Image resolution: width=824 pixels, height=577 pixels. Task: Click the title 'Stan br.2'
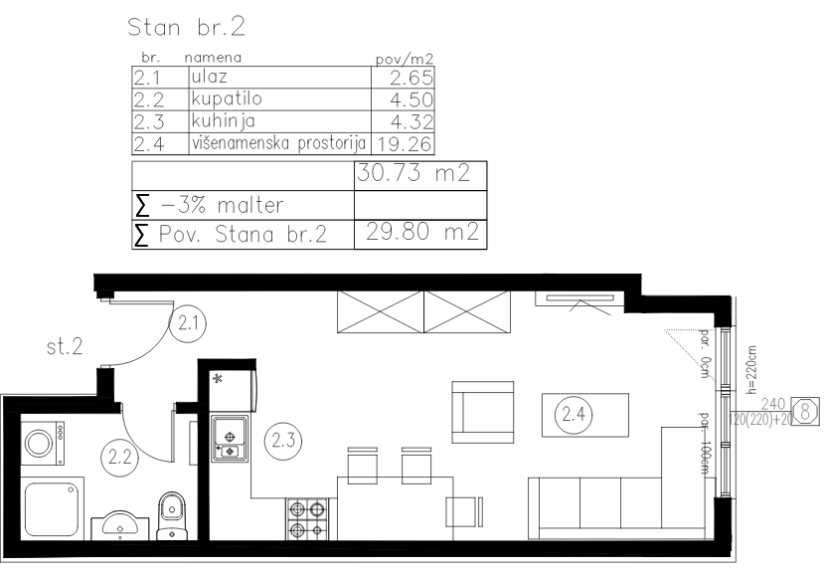click(x=186, y=27)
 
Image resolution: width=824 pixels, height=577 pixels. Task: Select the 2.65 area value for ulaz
click(x=412, y=78)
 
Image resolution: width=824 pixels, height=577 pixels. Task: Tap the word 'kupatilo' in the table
click(x=227, y=98)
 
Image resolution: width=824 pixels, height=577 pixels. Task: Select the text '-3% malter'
click(x=223, y=205)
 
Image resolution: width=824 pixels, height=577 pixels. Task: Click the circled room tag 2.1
click(x=188, y=323)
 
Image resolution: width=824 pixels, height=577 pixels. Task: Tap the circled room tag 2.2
click(x=120, y=457)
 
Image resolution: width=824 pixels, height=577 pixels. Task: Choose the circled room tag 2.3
click(x=283, y=440)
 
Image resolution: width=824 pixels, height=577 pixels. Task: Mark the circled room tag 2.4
click(x=574, y=415)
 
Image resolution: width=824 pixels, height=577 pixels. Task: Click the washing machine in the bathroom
click(x=43, y=444)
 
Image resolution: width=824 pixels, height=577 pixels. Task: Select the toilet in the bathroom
click(x=172, y=515)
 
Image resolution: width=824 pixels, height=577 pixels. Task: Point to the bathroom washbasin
click(x=120, y=526)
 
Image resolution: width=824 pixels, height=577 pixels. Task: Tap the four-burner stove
click(x=307, y=519)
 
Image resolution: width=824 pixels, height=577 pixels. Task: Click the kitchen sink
click(x=230, y=439)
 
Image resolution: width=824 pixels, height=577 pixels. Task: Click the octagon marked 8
click(x=805, y=411)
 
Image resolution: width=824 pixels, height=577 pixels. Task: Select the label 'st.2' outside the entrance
click(x=65, y=347)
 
